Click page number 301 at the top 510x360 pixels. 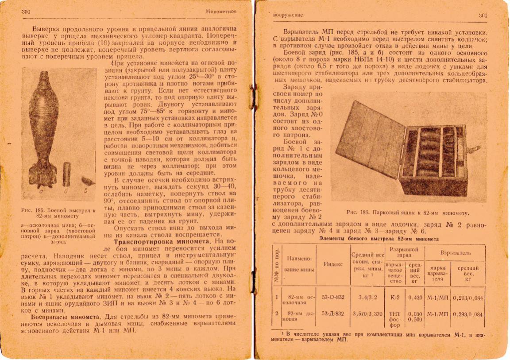(x=483, y=15)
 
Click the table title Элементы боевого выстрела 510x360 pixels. (x=379, y=239)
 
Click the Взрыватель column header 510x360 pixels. (x=455, y=252)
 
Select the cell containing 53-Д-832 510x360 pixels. (x=333, y=314)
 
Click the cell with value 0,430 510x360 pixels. (x=415, y=298)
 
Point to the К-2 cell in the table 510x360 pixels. (x=395, y=298)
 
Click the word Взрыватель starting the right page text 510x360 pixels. (x=298, y=33)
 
